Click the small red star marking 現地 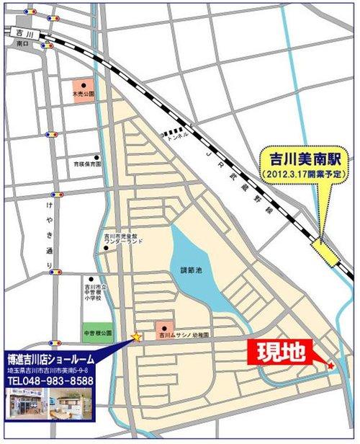330,367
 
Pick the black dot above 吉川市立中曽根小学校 91,279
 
